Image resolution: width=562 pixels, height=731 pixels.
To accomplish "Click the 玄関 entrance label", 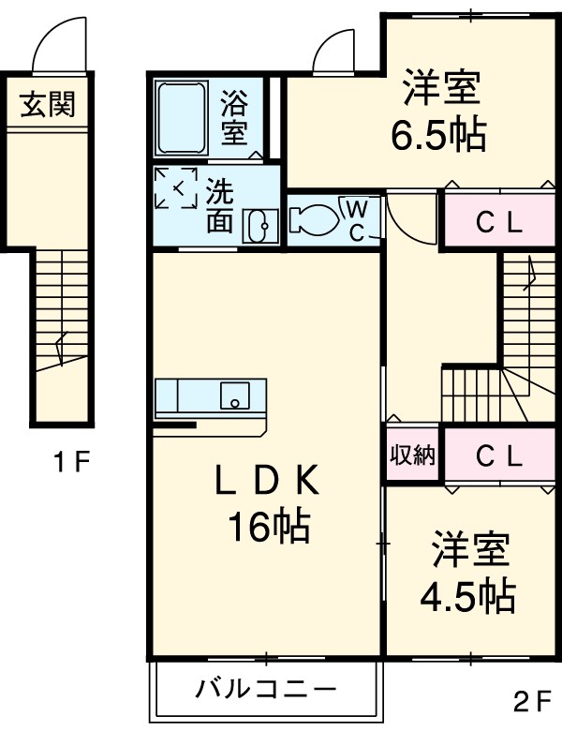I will [47, 104].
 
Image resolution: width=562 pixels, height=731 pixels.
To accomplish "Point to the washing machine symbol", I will [176, 189].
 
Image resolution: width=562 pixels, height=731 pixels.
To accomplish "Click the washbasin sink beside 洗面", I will [259, 225].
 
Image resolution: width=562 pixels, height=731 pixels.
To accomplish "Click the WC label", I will [359, 219].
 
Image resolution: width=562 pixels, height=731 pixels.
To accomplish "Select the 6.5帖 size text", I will [438, 137].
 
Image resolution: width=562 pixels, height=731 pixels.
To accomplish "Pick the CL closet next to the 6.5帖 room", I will [498, 222].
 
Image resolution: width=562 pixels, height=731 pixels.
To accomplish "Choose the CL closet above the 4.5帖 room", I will [498, 455].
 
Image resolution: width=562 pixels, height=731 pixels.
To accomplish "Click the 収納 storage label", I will [412, 455].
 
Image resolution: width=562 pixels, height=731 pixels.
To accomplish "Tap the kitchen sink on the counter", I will [233, 395].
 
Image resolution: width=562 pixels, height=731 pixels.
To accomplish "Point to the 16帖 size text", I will [268, 529].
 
